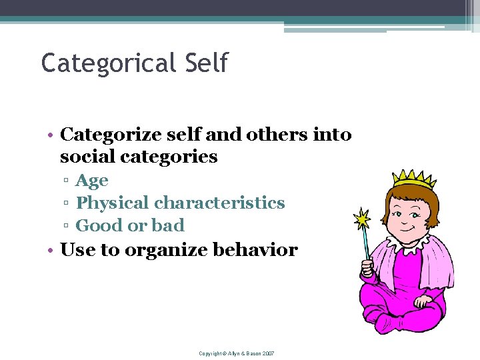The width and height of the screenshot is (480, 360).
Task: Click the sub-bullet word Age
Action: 92,181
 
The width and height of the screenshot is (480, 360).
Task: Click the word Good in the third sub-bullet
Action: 101,225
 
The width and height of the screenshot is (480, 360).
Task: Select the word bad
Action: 168,225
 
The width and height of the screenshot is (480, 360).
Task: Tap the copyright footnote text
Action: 237,353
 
